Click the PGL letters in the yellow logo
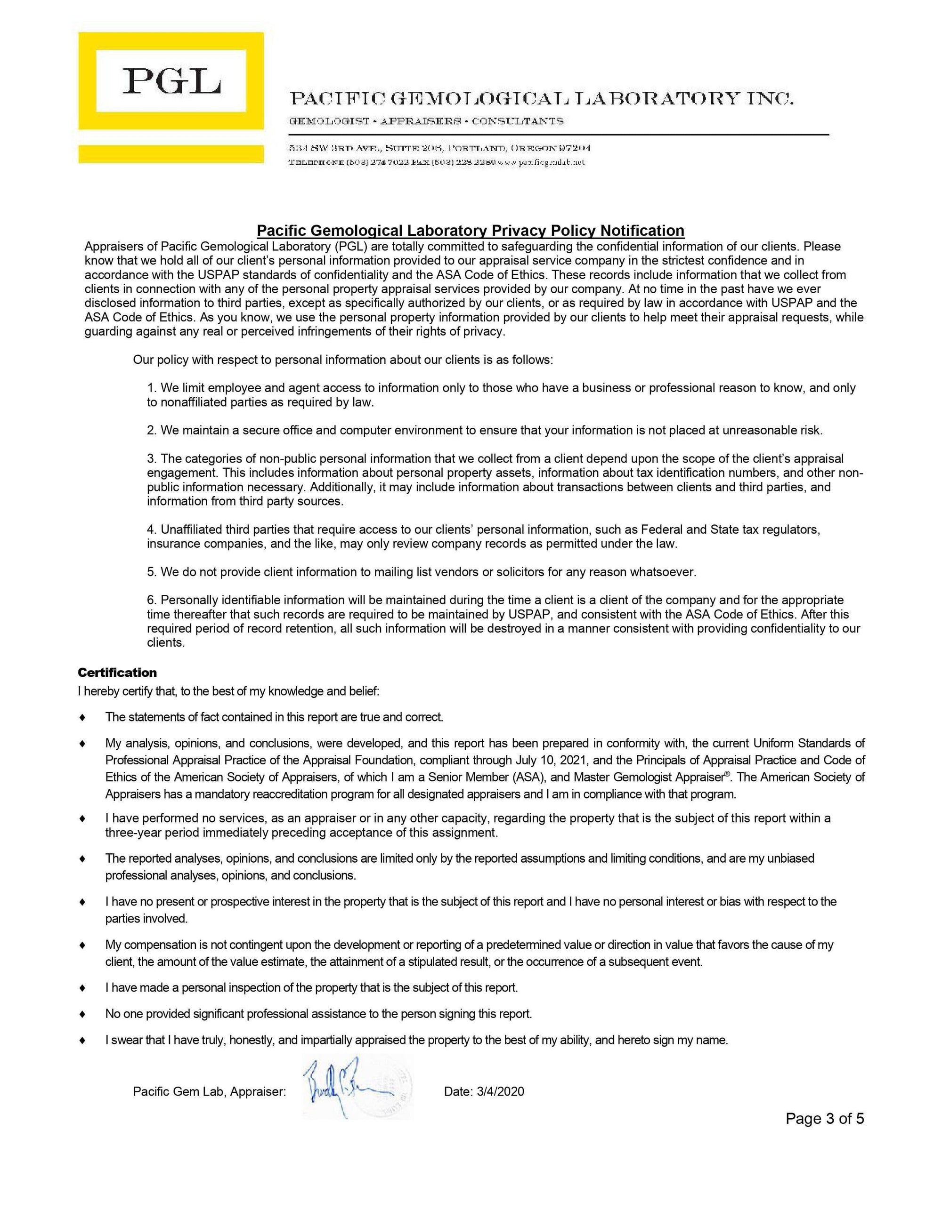coord(171,81)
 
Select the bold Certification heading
coord(117,673)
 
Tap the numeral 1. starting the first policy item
coord(152,388)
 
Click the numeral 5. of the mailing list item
coord(152,572)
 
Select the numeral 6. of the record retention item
coord(152,600)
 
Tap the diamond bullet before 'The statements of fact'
coord(82,717)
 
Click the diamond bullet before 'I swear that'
coord(82,1040)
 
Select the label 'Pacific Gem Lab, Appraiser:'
coord(209,1091)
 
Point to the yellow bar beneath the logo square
coord(171,153)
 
